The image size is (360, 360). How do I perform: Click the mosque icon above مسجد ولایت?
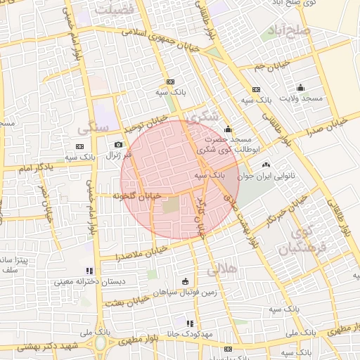pyautogui.click(x=301, y=87)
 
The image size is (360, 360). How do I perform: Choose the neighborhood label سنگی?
pyautogui.click(x=94, y=128)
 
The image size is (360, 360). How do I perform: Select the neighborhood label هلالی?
pyautogui.click(x=224, y=269)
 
